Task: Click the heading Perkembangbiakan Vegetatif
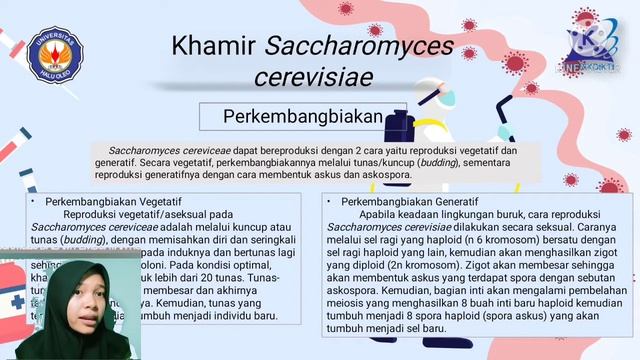pos(110,201)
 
